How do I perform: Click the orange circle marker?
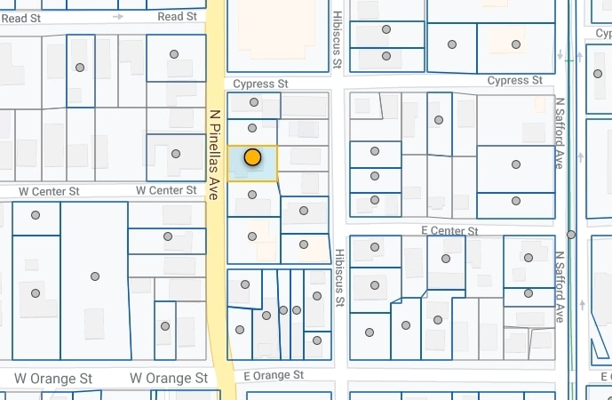coord(252,157)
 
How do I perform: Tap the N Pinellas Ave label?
coord(214,155)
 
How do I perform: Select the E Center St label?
coord(449,230)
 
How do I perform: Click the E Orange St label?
coord(274,375)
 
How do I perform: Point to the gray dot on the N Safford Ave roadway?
coord(570,235)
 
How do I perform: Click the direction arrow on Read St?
coord(118,16)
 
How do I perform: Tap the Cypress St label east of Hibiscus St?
coord(514,81)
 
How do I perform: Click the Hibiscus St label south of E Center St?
coord(338,277)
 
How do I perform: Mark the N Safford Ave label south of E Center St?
coord(560,285)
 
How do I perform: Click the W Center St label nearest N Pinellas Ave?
coord(166,190)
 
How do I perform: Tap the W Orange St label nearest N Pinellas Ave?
coord(169,378)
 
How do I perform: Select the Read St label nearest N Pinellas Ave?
coord(177,17)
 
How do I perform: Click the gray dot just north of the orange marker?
coord(252,128)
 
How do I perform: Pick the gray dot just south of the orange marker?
coord(251,194)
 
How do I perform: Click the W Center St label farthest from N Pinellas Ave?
coord(50,190)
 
